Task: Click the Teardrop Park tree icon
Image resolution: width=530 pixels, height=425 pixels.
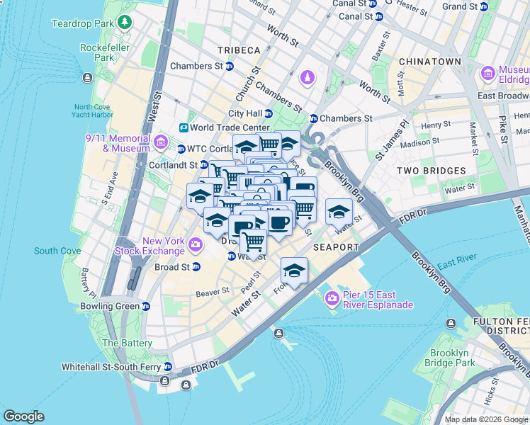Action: point(125,23)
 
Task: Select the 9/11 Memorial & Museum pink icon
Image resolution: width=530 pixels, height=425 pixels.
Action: point(161,143)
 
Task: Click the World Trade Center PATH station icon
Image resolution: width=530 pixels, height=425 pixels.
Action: point(184,127)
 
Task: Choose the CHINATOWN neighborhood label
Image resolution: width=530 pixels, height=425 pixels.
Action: point(430,62)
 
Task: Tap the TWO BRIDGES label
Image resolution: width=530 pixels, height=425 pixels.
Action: point(431,171)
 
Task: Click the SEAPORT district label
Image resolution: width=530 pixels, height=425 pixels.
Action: point(336,247)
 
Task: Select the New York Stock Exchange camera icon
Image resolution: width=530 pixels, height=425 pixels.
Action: point(196,246)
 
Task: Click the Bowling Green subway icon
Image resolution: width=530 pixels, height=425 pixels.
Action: point(146,306)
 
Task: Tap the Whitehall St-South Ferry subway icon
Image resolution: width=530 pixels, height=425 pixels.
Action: point(168,367)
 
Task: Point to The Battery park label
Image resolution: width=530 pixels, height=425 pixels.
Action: point(127,343)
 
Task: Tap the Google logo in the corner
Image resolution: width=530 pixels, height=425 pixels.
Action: point(24,416)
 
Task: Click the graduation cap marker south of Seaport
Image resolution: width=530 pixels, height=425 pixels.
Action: point(294,271)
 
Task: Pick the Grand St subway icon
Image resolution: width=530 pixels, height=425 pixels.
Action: point(484,6)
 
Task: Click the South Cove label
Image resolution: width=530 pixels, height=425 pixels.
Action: point(56,251)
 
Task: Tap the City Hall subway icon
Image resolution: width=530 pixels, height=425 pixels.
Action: point(269,113)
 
